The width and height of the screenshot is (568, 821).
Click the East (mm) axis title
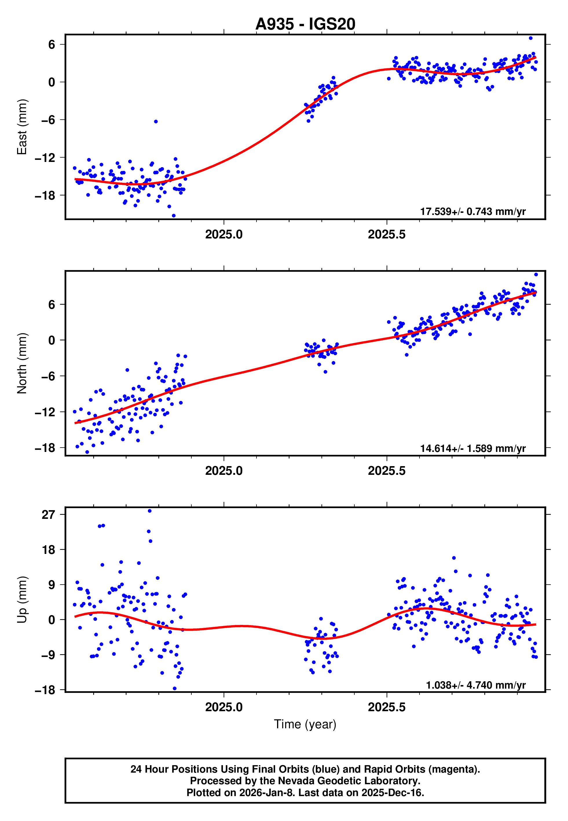22,127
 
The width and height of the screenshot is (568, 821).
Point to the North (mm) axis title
22,363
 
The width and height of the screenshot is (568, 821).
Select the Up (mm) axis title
22,600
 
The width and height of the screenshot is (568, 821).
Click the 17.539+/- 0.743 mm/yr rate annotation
473,211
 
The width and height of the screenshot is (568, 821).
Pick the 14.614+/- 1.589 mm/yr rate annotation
473,448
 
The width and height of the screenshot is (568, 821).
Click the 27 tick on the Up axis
48,515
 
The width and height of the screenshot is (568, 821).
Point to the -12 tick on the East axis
45,158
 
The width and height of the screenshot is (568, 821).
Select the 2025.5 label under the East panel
386,234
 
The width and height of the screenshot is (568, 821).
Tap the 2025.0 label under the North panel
223,471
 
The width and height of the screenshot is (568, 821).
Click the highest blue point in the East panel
531,38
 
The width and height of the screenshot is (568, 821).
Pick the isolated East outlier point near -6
156,121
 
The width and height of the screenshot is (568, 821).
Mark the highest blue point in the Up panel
150,511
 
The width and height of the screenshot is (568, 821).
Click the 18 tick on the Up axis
48,550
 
